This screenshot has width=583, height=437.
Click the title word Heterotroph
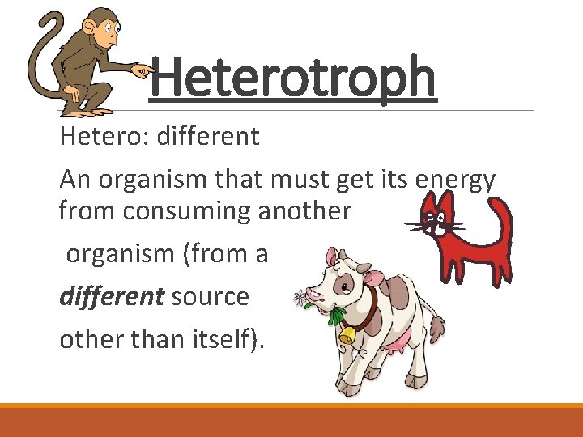293,78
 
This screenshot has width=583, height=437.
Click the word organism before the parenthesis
122,253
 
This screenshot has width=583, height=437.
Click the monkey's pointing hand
143,71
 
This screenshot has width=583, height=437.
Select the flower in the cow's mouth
301,299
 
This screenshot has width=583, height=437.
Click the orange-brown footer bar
291,421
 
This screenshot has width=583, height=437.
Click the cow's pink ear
375,278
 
